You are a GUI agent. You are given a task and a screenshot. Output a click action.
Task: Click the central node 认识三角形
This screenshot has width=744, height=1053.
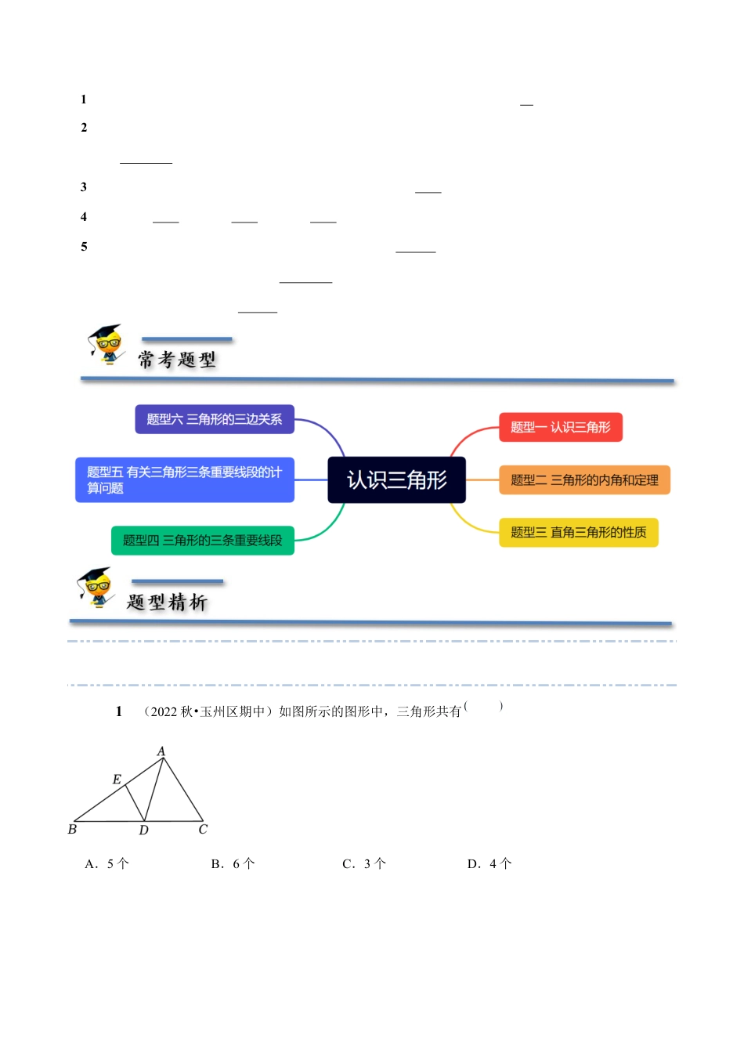point(396,479)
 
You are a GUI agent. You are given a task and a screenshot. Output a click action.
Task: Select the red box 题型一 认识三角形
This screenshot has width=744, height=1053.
point(560,427)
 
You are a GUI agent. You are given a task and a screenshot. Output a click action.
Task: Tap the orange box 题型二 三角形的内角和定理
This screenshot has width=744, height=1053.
point(584,480)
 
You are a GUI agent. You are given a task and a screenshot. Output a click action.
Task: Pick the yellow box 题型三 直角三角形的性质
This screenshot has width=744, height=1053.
point(578,533)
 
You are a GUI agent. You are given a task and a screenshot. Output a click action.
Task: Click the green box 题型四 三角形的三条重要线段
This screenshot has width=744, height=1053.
point(202,541)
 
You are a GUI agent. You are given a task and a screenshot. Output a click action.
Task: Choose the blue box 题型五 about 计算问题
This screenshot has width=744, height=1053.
point(184,479)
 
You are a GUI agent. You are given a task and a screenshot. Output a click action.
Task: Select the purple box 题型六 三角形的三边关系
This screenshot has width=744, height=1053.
point(214,419)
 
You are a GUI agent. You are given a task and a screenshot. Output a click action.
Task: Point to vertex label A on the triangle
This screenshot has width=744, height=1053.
point(161,751)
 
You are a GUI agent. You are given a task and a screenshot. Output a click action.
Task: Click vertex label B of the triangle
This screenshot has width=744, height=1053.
point(72,829)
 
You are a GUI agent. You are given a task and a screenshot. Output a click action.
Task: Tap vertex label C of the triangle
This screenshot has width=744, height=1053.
point(203,829)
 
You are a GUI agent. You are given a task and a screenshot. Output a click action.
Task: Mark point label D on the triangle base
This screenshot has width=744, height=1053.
point(143,830)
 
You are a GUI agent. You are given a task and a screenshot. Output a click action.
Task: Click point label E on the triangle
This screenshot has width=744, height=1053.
point(117,780)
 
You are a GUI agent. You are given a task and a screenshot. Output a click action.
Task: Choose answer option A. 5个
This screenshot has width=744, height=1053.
point(107,863)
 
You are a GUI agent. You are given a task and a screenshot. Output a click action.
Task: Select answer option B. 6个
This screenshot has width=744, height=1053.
point(233,863)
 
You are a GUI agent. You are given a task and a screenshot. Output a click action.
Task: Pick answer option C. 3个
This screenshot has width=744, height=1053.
point(364,863)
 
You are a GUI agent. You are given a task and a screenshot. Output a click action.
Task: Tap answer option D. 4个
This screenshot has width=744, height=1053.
point(489,863)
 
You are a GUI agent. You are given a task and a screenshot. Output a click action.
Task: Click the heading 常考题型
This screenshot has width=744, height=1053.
point(177,360)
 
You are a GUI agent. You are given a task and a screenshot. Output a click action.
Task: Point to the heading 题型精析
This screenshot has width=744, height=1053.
point(167,602)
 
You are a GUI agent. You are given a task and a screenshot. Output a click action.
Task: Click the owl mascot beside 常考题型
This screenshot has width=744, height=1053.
point(106,345)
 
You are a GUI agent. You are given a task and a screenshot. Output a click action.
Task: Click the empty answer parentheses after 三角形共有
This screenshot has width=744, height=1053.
point(483,707)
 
